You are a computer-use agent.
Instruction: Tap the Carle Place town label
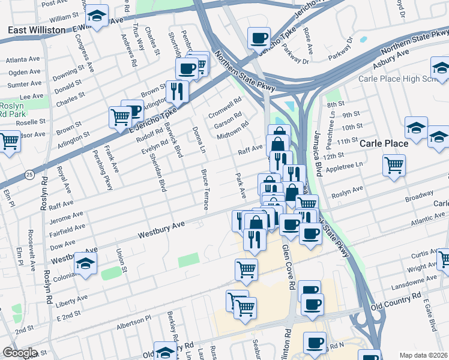pyautogui.click(x=384, y=143)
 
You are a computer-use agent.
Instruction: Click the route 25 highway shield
pyautogui.click(x=29, y=174)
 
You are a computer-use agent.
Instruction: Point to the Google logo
pyautogui.click(x=19, y=352)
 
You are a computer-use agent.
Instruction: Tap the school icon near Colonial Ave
pyautogui.click(x=85, y=263)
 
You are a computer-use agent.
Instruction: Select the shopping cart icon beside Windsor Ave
pyautogui.click(x=8, y=142)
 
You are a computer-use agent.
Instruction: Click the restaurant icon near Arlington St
pyautogui.click(x=176, y=90)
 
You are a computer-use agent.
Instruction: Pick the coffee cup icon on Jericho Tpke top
pyautogui.click(x=259, y=38)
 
